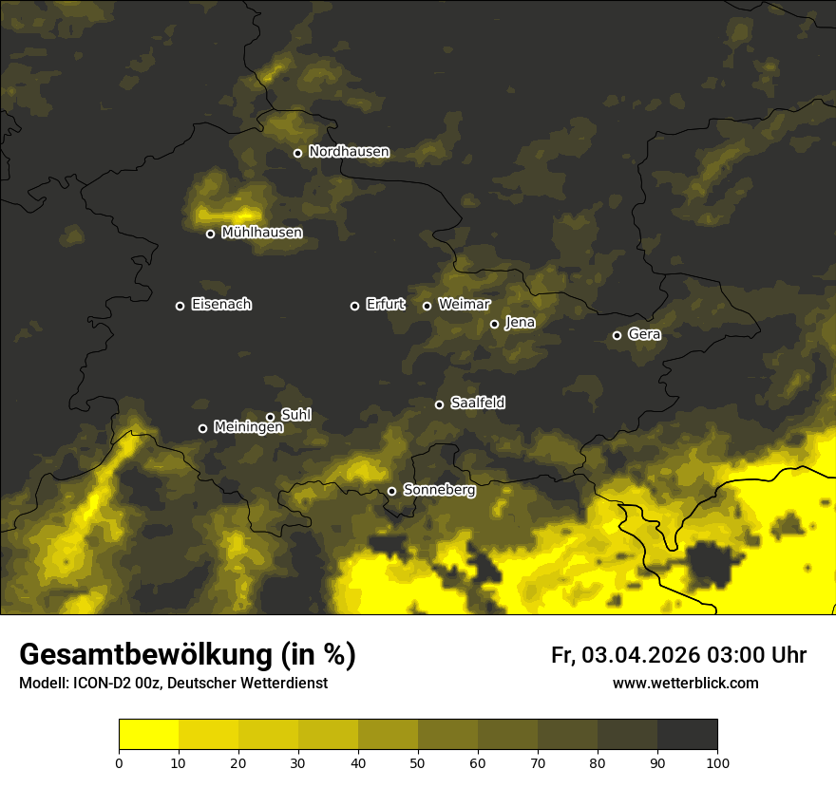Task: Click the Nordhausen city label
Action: (349, 152)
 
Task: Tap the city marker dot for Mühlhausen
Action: (211, 234)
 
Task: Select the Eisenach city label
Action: (221, 305)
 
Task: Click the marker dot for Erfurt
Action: (355, 306)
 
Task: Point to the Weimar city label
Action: (465, 305)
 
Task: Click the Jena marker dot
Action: (494, 324)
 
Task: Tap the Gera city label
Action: (644, 335)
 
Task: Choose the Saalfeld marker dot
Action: (439, 404)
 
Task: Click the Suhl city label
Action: (296, 415)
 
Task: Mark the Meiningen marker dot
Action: (202, 428)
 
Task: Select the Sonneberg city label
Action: (440, 490)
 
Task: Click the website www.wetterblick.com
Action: (686, 683)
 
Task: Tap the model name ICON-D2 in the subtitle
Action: (98, 683)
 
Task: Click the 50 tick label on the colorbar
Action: (418, 762)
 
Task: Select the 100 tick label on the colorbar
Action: (717, 762)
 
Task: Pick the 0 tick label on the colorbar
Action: (119, 762)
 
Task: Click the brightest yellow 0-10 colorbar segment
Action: (148, 735)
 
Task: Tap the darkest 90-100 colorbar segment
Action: (687, 735)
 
